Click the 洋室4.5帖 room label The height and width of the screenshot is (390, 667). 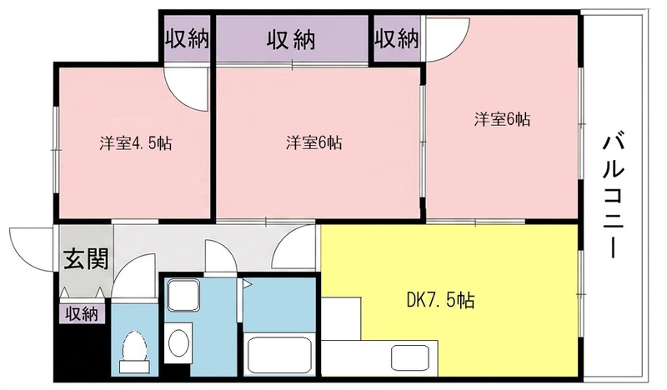[136, 143]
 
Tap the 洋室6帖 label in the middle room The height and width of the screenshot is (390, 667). [314, 142]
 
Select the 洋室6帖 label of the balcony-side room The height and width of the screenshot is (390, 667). [503, 119]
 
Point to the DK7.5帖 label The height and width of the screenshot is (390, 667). [441, 300]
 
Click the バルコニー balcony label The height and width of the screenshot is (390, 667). [613, 197]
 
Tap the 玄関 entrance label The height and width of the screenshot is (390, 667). [86, 259]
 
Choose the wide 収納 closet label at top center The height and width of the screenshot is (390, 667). [291, 40]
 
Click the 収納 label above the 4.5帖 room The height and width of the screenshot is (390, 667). [187, 39]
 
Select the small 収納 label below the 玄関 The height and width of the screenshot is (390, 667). [82, 315]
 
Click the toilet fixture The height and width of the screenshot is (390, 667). [134, 352]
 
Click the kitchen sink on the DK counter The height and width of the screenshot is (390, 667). [410, 357]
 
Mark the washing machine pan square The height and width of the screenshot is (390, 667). [183, 295]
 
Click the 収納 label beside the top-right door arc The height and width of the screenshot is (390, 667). [397, 39]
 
